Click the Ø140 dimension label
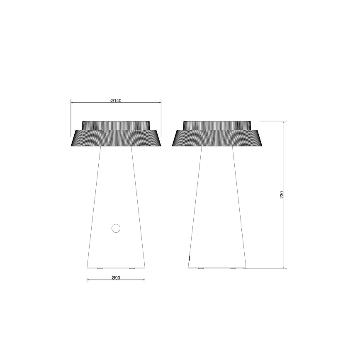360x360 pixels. (116, 101)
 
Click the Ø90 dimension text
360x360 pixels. (116, 278)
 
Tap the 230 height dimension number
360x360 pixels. (282, 195)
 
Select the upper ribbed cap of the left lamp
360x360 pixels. (116, 125)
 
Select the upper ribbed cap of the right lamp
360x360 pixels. (217, 125)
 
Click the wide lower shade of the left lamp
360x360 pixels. (116, 139)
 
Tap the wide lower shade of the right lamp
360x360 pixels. (217, 139)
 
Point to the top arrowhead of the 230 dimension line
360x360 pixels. (284, 123)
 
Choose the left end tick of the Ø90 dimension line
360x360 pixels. (87, 281)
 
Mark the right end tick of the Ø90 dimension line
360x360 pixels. (145, 281)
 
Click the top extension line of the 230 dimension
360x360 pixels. (272, 121)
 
